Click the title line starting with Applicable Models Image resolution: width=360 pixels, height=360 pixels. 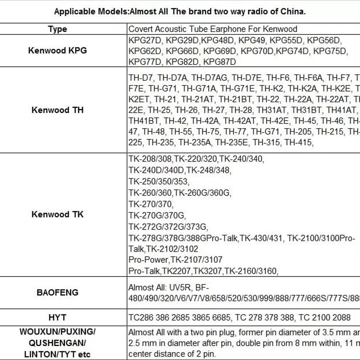[180, 12]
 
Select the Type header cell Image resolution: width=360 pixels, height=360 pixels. [57, 29]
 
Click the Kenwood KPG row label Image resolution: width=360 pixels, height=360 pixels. [57, 50]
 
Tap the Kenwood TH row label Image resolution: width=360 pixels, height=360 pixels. [57, 110]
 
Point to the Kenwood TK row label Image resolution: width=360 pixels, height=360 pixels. [57, 214]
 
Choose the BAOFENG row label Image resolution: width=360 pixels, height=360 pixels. [57, 292]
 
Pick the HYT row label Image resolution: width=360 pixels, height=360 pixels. [57, 317]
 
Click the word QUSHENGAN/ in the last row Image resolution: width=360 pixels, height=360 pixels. [57, 343]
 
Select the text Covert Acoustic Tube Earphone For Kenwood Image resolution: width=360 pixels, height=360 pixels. [213, 29]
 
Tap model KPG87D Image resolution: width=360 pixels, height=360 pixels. [220, 62]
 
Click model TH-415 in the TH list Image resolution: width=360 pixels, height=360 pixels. [298, 142]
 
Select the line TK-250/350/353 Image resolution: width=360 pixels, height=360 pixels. [159, 181]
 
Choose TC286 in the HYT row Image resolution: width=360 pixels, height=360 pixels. [140, 317]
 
